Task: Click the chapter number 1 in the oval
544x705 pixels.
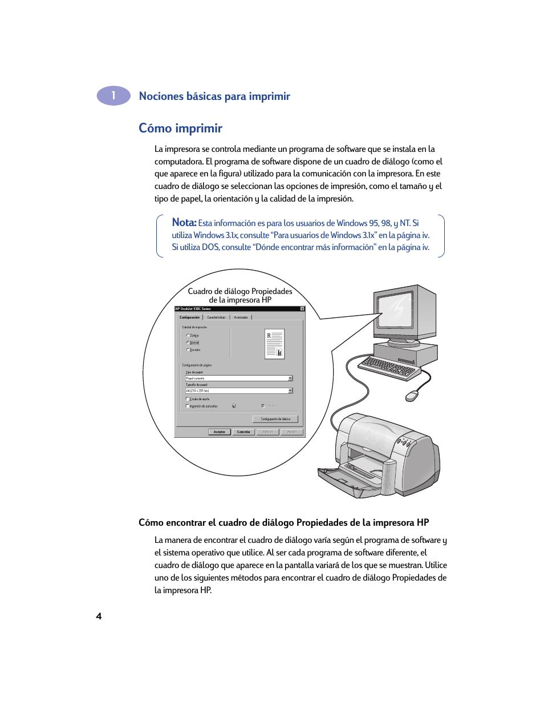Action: (113, 96)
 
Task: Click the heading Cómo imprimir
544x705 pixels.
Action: (180, 128)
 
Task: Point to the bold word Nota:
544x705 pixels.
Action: (184, 223)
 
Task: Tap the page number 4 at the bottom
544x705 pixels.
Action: (99, 616)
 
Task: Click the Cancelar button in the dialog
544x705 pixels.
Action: (243, 432)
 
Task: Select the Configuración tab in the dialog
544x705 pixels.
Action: (189, 317)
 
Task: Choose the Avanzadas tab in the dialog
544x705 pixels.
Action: (241, 317)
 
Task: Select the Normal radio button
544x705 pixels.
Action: (188, 343)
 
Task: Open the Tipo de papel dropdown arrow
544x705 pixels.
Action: (290, 378)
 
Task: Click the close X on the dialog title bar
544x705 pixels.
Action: (302, 309)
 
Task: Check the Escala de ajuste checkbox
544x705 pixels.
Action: (187, 399)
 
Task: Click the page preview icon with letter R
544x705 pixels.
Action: (274, 344)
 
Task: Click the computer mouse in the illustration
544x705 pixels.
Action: (412, 396)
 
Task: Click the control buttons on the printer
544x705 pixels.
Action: (405, 441)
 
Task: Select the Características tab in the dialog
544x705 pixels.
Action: (216, 317)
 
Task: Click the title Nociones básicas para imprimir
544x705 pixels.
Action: (214, 96)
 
